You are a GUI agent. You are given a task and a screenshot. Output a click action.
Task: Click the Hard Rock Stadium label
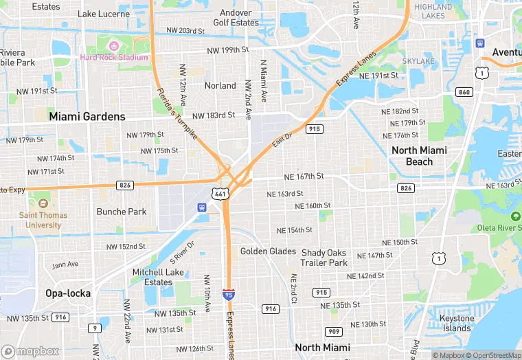(x=114, y=57)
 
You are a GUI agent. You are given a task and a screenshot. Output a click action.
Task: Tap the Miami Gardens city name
(x=87, y=117)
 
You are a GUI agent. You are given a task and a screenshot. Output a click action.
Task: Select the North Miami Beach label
(x=419, y=156)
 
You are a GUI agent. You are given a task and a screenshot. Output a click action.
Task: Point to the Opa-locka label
(x=68, y=293)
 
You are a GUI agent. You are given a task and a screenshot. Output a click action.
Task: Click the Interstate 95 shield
(x=227, y=295)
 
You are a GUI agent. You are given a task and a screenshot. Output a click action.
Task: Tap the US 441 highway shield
(x=218, y=194)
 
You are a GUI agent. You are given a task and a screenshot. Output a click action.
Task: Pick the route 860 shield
(x=465, y=92)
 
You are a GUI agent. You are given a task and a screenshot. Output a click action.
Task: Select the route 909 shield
(x=334, y=332)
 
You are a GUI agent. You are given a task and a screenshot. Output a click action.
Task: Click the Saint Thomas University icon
(x=43, y=204)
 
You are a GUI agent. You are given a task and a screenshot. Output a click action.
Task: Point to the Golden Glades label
(x=268, y=251)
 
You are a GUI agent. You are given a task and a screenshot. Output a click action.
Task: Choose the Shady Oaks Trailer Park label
(x=324, y=258)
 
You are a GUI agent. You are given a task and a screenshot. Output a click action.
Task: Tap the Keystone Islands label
(x=457, y=323)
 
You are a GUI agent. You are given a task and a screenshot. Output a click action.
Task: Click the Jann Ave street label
(x=65, y=265)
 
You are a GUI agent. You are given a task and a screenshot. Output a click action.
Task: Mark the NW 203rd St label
(x=185, y=31)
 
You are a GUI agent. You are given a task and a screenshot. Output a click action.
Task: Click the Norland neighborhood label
(x=220, y=86)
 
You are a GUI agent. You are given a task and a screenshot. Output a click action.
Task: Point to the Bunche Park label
(x=122, y=212)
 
